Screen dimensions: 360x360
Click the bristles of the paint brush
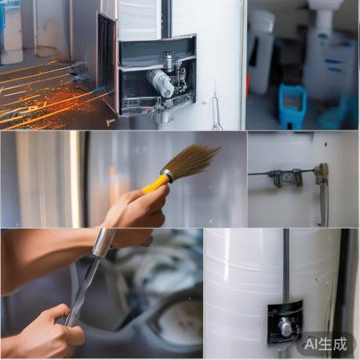tap(190, 160)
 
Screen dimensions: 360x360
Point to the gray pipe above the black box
tap(285, 264)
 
